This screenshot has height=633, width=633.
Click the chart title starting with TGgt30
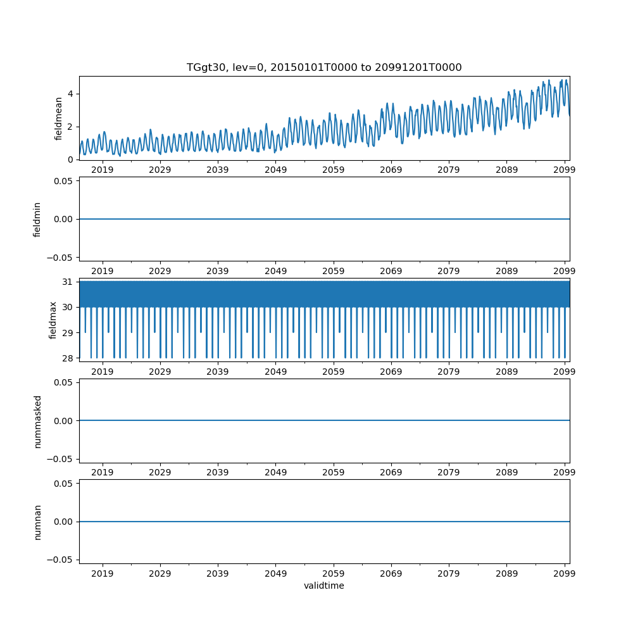point(324,68)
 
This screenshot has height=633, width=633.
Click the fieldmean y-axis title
point(59,118)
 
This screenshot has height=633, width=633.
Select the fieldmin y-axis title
point(37,219)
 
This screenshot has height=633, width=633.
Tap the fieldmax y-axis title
point(53,320)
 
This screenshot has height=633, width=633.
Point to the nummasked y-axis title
point(37,421)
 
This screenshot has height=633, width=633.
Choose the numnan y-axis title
point(37,522)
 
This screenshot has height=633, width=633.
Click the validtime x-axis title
point(324,586)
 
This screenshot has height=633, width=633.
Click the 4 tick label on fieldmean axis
point(71,94)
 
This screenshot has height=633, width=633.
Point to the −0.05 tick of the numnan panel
point(60,560)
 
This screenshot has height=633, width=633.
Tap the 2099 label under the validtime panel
point(564,573)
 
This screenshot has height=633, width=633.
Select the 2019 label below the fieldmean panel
point(103,170)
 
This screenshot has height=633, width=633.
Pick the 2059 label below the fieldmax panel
point(333,372)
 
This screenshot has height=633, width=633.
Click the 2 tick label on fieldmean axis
point(71,127)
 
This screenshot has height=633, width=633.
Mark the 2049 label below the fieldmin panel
point(275,271)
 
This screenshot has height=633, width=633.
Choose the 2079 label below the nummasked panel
point(448,473)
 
